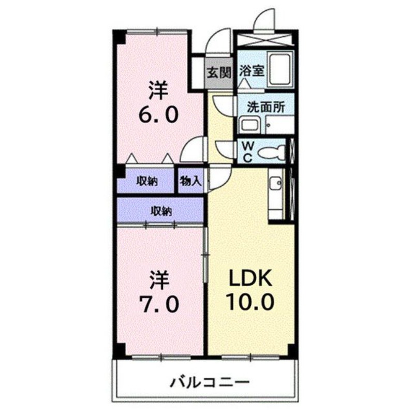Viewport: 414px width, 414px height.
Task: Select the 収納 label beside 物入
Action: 147,181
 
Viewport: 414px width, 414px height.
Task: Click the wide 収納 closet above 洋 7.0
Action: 161,211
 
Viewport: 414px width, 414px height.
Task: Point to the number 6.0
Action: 158,113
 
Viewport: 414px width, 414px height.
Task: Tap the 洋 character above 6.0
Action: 159,90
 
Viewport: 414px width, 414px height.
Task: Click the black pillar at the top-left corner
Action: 119,37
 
